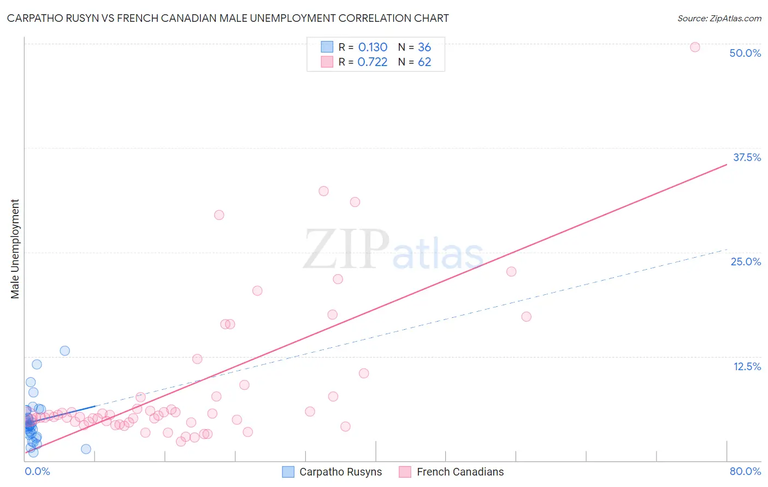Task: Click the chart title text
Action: pyautogui.click(x=228, y=18)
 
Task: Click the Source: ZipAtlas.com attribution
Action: pyautogui.click(x=719, y=19)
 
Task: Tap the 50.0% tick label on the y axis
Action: pyautogui.click(x=745, y=53)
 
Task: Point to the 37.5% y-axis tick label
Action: pyautogui.click(x=747, y=157)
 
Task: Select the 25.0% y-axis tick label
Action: pyautogui.click(x=746, y=262)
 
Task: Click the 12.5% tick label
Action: pyautogui.click(x=747, y=366)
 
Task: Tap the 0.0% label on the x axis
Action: pyautogui.click(x=37, y=471)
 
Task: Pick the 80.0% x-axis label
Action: pyautogui.click(x=745, y=471)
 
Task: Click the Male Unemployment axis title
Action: pyautogui.click(x=15, y=249)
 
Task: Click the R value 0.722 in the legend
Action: pyautogui.click(x=373, y=62)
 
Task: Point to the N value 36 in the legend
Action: pyautogui.click(x=424, y=47)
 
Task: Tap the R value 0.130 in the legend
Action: pyautogui.click(x=373, y=47)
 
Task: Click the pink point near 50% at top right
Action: pyautogui.click(x=695, y=47)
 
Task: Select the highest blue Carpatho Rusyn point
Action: pyautogui.click(x=64, y=351)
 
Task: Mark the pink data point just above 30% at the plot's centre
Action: pyautogui.click(x=323, y=191)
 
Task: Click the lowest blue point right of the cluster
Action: pyautogui.click(x=86, y=449)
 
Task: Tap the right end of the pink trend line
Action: pyautogui.click(x=726, y=164)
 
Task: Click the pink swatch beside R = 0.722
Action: pyautogui.click(x=327, y=62)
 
